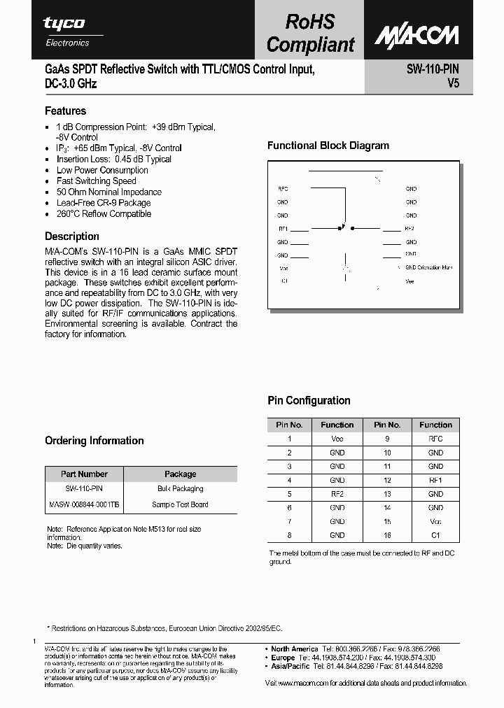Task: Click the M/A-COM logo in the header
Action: [416, 35]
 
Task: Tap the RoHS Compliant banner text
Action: [311, 33]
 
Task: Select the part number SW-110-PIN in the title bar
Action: [432, 70]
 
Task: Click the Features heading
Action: [65, 111]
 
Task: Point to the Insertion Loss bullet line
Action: [113, 159]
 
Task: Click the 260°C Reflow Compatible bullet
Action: [104, 214]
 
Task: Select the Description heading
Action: [71, 236]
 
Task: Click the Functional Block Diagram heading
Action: [328, 146]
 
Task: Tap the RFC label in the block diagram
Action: [283, 189]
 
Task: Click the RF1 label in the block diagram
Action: [283, 229]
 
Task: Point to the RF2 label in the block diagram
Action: [410, 229]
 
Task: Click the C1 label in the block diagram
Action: [284, 281]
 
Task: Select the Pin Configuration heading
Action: [309, 401]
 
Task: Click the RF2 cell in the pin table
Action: [337, 494]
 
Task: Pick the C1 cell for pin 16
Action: [435, 535]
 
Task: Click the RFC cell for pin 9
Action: [435, 439]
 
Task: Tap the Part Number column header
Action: [84, 474]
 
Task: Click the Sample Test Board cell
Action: [180, 504]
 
